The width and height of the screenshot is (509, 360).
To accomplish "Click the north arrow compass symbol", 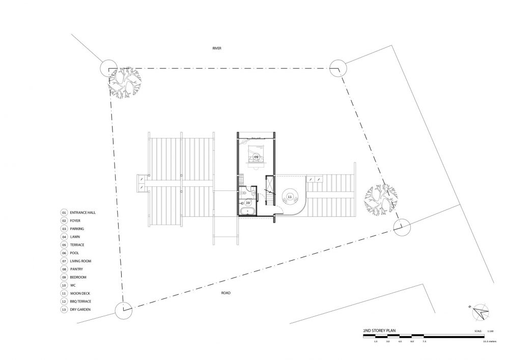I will (479, 312).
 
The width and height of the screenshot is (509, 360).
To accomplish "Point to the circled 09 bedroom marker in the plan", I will (256, 156).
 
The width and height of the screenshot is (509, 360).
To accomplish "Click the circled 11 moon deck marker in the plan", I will (290, 196).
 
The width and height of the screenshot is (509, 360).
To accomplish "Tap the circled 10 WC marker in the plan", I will (248, 202).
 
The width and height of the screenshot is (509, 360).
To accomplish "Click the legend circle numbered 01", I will (64, 212).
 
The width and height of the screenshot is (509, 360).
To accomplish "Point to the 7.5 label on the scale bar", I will (425, 342).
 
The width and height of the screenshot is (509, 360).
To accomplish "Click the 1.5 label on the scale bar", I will (375, 342).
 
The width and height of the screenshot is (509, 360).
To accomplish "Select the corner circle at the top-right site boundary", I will (338, 67).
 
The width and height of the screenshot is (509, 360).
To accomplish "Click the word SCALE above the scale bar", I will (476, 330).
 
